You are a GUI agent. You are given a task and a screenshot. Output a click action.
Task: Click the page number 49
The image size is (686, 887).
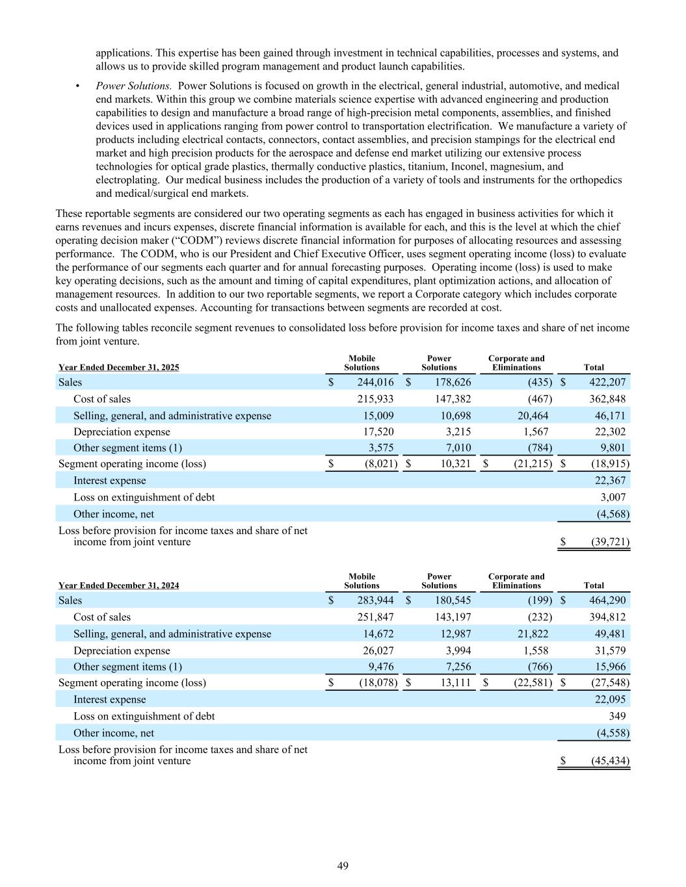click(343, 866)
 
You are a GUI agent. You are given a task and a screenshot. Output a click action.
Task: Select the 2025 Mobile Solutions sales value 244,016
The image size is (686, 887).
click(375, 382)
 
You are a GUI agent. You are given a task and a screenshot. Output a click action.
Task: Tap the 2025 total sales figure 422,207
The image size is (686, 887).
click(607, 382)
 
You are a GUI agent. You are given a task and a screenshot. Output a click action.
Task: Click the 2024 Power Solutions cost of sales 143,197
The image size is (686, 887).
click(453, 617)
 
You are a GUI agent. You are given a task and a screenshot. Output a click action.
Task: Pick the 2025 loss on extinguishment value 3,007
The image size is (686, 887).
click(613, 497)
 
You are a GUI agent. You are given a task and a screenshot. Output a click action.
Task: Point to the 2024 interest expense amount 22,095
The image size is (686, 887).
click(607, 699)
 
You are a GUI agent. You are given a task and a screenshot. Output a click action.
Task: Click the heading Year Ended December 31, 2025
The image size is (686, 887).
click(118, 367)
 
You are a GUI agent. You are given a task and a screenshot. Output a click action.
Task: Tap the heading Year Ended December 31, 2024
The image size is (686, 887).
click(118, 585)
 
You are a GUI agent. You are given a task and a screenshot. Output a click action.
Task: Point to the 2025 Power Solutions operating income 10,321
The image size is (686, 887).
click(453, 464)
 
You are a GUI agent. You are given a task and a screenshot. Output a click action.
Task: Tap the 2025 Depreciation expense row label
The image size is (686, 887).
click(122, 432)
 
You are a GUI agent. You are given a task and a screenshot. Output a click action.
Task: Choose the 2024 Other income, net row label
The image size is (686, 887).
click(114, 733)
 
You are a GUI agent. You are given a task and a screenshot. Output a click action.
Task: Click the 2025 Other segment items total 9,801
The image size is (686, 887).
click(611, 448)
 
